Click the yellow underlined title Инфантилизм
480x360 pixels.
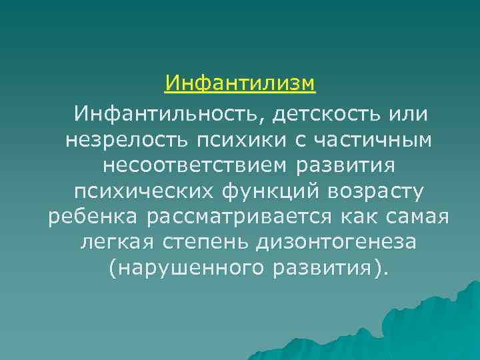(x=240, y=84)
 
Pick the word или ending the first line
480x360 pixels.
(x=408, y=114)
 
